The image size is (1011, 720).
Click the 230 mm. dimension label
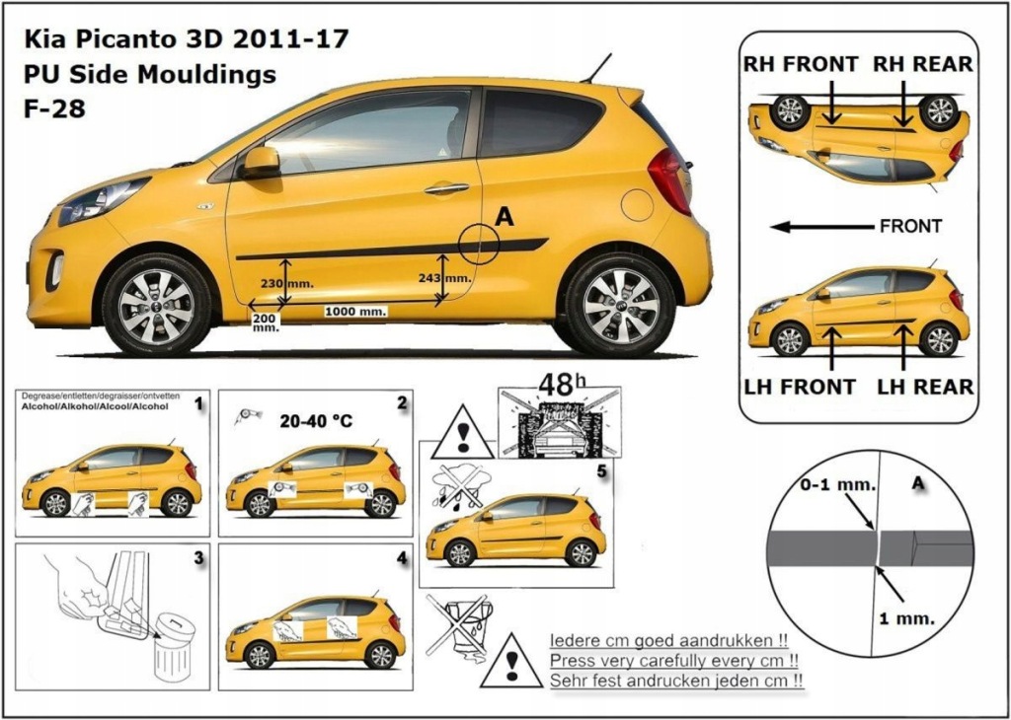coord(287,283)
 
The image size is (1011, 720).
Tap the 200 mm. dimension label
coord(265,324)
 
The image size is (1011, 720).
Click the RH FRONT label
coord(801,64)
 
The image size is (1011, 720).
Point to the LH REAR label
coord(925,387)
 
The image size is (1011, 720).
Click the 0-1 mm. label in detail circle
coord(824,485)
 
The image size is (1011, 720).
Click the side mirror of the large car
coord(261,161)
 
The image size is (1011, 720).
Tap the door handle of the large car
coord(446,187)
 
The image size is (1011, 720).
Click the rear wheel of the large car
coord(620,305)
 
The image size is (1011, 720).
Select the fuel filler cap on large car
coord(637,205)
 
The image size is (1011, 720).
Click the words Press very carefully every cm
coord(673,660)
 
